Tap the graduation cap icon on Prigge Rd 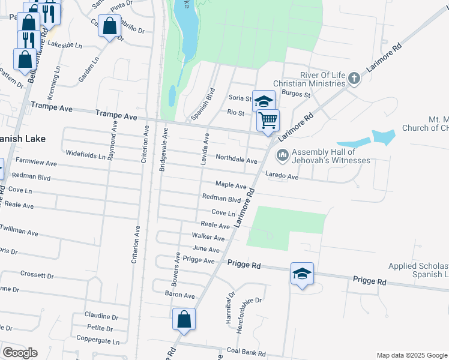[302, 274]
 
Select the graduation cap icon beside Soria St [264, 101]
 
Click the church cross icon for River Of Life [354, 78]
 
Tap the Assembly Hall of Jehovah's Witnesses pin [282, 155]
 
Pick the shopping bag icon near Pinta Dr [109, 26]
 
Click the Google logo [19, 353]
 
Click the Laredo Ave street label [282, 177]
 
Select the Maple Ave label [231, 185]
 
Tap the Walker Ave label [208, 237]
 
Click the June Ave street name [206, 248]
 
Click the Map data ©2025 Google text [411, 355]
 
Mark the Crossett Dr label [37, 275]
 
